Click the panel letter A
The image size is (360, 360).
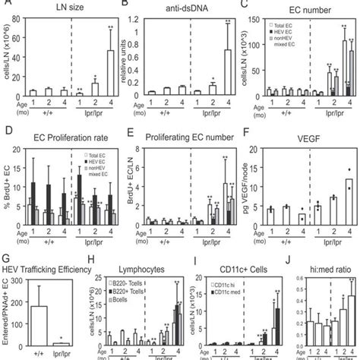pyautogui.click(x=5, y=6)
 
